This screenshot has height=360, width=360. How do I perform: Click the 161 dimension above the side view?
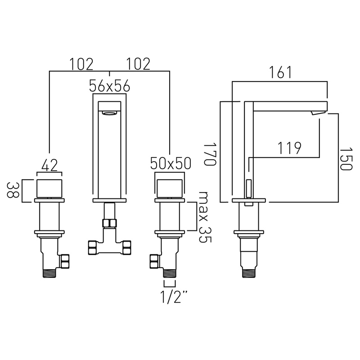pyautogui.click(x=280, y=72)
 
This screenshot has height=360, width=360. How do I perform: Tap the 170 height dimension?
pyautogui.click(x=210, y=154)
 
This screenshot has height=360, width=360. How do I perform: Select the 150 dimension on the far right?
pyautogui.click(x=346, y=159)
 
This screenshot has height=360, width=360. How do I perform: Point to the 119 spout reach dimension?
pyautogui.click(x=289, y=148)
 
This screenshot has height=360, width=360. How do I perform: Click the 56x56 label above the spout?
pyautogui.click(x=109, y=86)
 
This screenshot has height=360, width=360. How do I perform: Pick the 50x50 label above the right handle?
pyautogui.click(x=171, y=163)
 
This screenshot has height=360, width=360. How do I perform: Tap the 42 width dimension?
pyautogui.click(x=49, y=165)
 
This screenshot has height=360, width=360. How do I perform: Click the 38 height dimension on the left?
pyautogui.click(x=13, y=190)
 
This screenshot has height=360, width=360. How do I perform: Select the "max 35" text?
pyautogui.click(x=204, y=217)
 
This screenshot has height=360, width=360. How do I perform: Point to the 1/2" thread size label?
pyautogui.click(x=174, y=297)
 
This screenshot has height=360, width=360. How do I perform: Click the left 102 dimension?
pyautogui.click(x=81, y=64)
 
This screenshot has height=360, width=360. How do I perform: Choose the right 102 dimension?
pyautogui.click(x=138, y=64)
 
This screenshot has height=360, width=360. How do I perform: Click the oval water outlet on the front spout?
pyautogui.click(x=109, y=113)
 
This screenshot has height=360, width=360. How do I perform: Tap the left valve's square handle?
pyautogui.click(x=49, y=188)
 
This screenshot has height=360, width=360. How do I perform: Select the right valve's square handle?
pyautogui.click(x=170, y=188)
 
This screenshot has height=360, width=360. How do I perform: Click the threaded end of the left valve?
pyautogui.click(x=50, y=274)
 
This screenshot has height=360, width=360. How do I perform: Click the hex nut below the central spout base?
pyautogui.click(x=109, y=223)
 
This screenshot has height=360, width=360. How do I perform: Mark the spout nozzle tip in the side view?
pyautogui.click(x=317, y=113)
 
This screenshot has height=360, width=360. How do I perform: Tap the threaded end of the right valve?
pyautogui.click(x=170, y=274)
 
